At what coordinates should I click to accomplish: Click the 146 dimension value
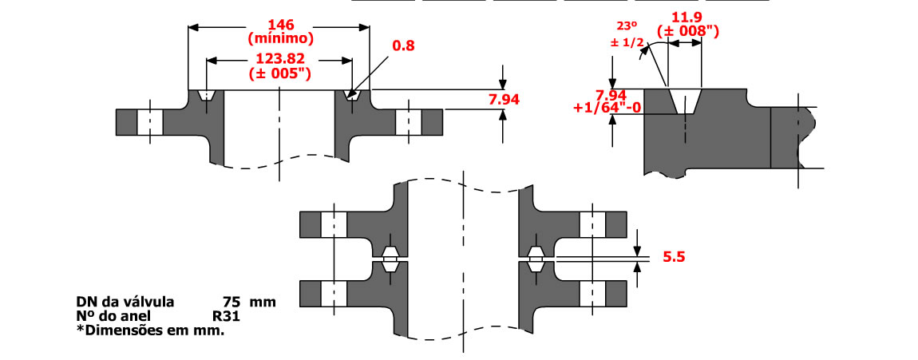pos(279,23)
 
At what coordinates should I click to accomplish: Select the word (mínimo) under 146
pos(280,38)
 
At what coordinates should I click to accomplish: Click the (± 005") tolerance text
pos(279,73)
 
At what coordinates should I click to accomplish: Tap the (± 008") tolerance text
pos(686,31)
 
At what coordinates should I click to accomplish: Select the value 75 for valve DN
pos(231,303)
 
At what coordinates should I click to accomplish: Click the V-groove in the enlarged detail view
pos(684,102)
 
